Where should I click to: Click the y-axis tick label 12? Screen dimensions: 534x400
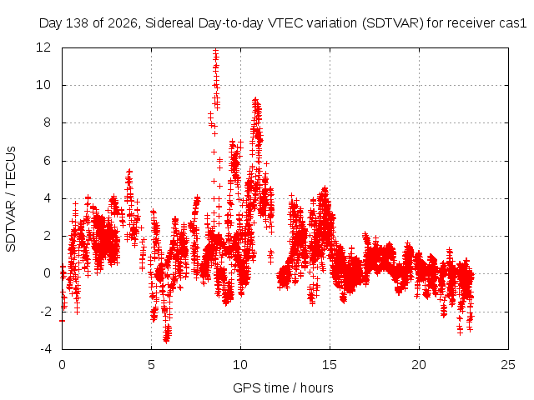43,47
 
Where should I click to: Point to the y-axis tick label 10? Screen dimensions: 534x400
43,85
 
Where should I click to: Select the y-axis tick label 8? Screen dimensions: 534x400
47,122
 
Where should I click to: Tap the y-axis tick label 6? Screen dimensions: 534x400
47,161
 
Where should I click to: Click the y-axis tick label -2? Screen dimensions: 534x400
45,311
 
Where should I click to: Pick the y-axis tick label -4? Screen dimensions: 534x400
45,349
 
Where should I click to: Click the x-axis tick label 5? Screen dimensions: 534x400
151,365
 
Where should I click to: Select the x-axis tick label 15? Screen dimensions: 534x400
330,365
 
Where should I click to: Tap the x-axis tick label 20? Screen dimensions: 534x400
419,365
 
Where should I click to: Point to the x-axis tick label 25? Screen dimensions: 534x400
508,365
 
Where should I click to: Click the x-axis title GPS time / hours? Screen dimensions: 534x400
283,388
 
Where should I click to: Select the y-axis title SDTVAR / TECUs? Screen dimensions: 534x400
11,199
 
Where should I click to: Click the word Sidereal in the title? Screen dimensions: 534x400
170,23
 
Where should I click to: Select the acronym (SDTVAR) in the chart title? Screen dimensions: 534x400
393,23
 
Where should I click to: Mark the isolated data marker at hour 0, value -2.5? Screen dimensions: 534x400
62,321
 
